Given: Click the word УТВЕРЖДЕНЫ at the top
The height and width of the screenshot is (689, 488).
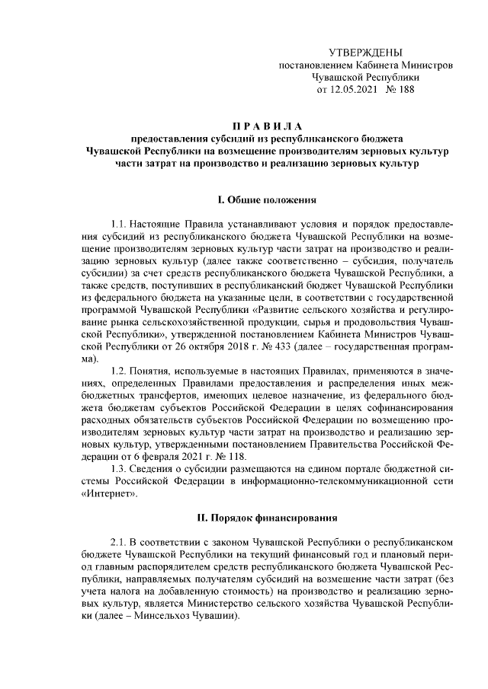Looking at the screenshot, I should pyautogui.click(x=364, y=53).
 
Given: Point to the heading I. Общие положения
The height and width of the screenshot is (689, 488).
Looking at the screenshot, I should pyautogui.click(x=267, y=200).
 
